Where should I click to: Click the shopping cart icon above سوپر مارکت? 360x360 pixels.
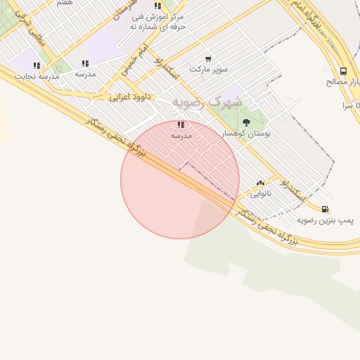[x=208, y=59]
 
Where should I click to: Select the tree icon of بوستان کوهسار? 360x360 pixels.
[x=246, y=122]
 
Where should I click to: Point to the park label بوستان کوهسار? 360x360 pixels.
[x=246, y=133]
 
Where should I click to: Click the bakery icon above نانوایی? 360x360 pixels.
[x=260, y=183]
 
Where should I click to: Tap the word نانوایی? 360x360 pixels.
[x=260, y=193]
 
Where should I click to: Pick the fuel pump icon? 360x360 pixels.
[x=325, y=209]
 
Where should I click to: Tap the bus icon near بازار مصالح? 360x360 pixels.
[x=343, y=71]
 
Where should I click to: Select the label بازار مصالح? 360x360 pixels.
[x=342, y=82]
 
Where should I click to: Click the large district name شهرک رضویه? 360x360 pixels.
[x=207, y=102]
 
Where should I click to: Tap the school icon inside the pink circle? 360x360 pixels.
[x=181, y=124]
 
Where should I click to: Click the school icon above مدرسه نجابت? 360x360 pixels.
[x=37, y=65]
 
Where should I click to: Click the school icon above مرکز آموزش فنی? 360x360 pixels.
[x=157, y=6]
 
